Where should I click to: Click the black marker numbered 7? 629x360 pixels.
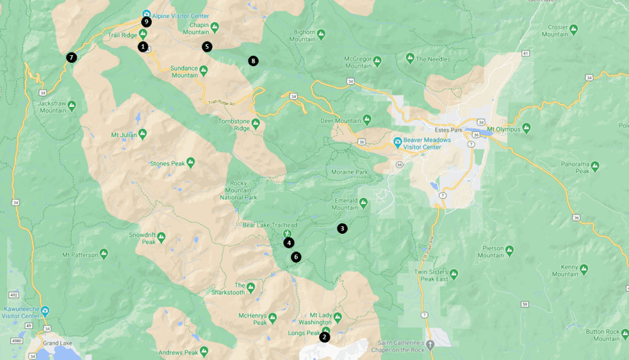coord(71,57)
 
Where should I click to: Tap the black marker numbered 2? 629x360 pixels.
coord(324,337)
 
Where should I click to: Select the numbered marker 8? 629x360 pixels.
coord(253,61)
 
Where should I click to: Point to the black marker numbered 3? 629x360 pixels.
coord(342,228)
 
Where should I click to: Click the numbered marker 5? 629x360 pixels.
coord(207,47)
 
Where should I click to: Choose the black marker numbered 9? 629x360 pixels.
coord(146,21)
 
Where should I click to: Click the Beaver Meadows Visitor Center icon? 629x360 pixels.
coord(397,142)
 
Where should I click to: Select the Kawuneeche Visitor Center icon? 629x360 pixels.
coord(45,310)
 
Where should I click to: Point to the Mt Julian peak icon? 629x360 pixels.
coord(143,132)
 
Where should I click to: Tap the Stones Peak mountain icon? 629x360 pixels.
coord(190,162)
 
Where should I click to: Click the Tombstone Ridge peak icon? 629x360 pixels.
coord(255,123)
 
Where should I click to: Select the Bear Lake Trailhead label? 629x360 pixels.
coord(270,225)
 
